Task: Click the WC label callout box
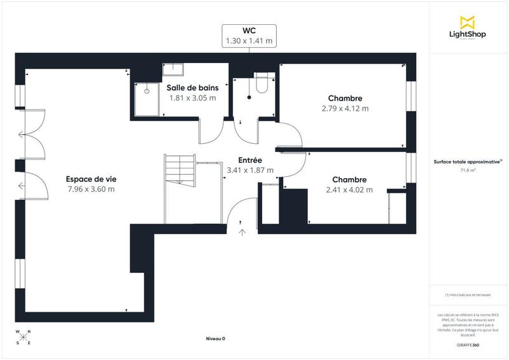pyautogui.click(x=249, y=36)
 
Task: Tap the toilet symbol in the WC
pyautogui.click(x=261, y=84)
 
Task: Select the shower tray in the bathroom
pyautogui.click(x=147, y=99)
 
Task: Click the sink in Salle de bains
pyautogui.click(x=172, y=69)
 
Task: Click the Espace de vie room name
pyautogui.click(x=90, y=179)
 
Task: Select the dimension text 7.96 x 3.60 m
pyautogui.click(x=90, y=189)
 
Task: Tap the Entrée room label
pyautogui.click(x=250, y=160)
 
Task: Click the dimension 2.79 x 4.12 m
pyautogui.click(x=345, y=108)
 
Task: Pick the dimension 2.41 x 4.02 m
pyautogui.click(x=349, y=190)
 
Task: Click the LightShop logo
pyautogui.click(x=468, y=29)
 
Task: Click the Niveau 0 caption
pyautogui.click(x=216, y=338)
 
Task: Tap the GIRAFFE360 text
pyautogui.click(x=468, y=343)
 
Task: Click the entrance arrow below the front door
pyautogui.click(x=242, y=232)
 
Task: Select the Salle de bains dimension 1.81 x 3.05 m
pyautogui.click(x=192, y=98)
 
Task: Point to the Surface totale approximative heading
pyautogui.click(x=468, y=162)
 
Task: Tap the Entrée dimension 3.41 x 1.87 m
pyautogui.click(x=250, y=170)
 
